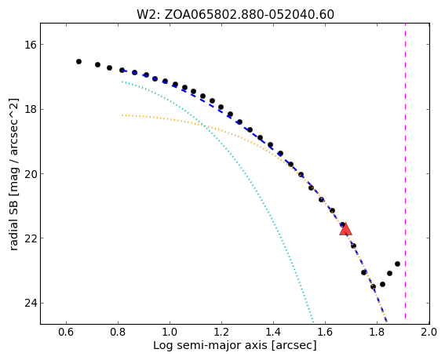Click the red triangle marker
(x=345, y=229)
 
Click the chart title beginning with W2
(x=235, y=14)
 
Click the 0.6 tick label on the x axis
(x=66, y=332)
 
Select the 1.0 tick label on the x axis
(x=170, y=332)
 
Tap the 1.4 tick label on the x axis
(x=273, y=332)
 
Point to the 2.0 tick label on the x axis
(x=429, y=332)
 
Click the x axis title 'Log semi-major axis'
(x=210, y=346)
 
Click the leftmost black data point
(x=79, y=61)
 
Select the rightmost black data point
(x=397, y=264)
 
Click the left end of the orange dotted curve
(x=122, y=115)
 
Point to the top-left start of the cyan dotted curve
(x=122, y=82)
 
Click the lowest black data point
(x=374, y=286)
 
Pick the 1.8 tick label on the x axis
(x=377, y=332)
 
